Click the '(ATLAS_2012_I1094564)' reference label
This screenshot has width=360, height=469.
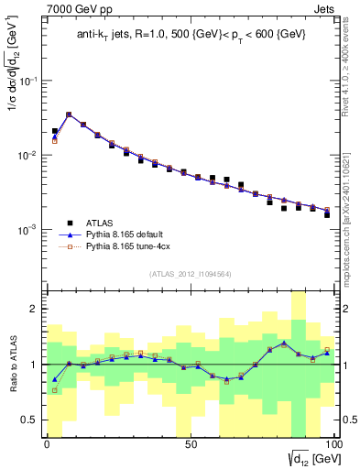click(191, 273)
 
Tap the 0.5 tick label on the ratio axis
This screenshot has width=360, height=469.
click(31, 420)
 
